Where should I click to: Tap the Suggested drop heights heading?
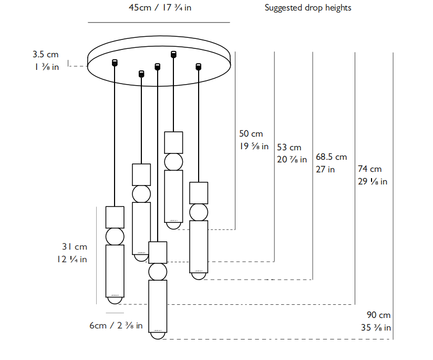pos(308,8)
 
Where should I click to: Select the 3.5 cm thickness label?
pos(45,54)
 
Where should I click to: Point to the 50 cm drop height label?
pos(251,135)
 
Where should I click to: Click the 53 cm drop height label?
pos(289,148)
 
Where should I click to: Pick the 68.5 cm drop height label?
pos(332,157)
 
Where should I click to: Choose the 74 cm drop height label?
pos(370,169)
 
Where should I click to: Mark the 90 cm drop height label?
pos(379,315)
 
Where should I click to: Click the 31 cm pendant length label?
pos(75,247)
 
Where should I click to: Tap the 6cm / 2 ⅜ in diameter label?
pos(116,326)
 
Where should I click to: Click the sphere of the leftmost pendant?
pos(115,236)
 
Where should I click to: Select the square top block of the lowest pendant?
pos(158,252)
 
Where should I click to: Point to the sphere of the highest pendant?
pos(173,161)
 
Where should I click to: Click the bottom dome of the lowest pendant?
pos(158,335)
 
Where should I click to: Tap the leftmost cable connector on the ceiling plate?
pos(115,63)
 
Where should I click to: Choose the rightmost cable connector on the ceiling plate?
pos(198,67)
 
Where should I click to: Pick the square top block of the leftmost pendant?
pos(115,217)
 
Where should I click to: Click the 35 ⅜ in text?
pos(376,328)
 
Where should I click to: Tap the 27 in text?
pos(325,169)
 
